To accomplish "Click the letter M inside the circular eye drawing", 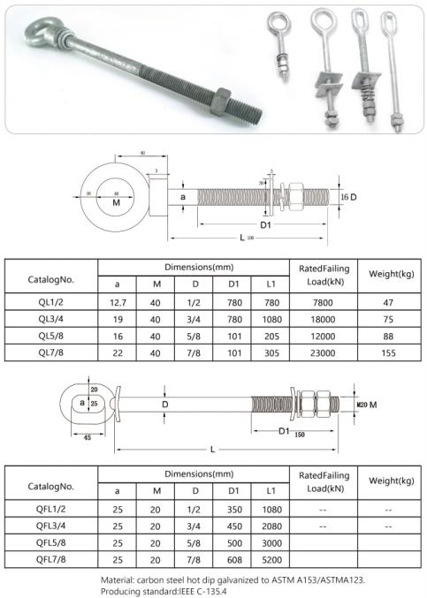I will click(117, 204).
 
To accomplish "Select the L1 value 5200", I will click(269, 560).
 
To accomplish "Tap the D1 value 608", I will click(233, 560).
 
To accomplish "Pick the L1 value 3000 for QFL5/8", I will click(269, 541).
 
